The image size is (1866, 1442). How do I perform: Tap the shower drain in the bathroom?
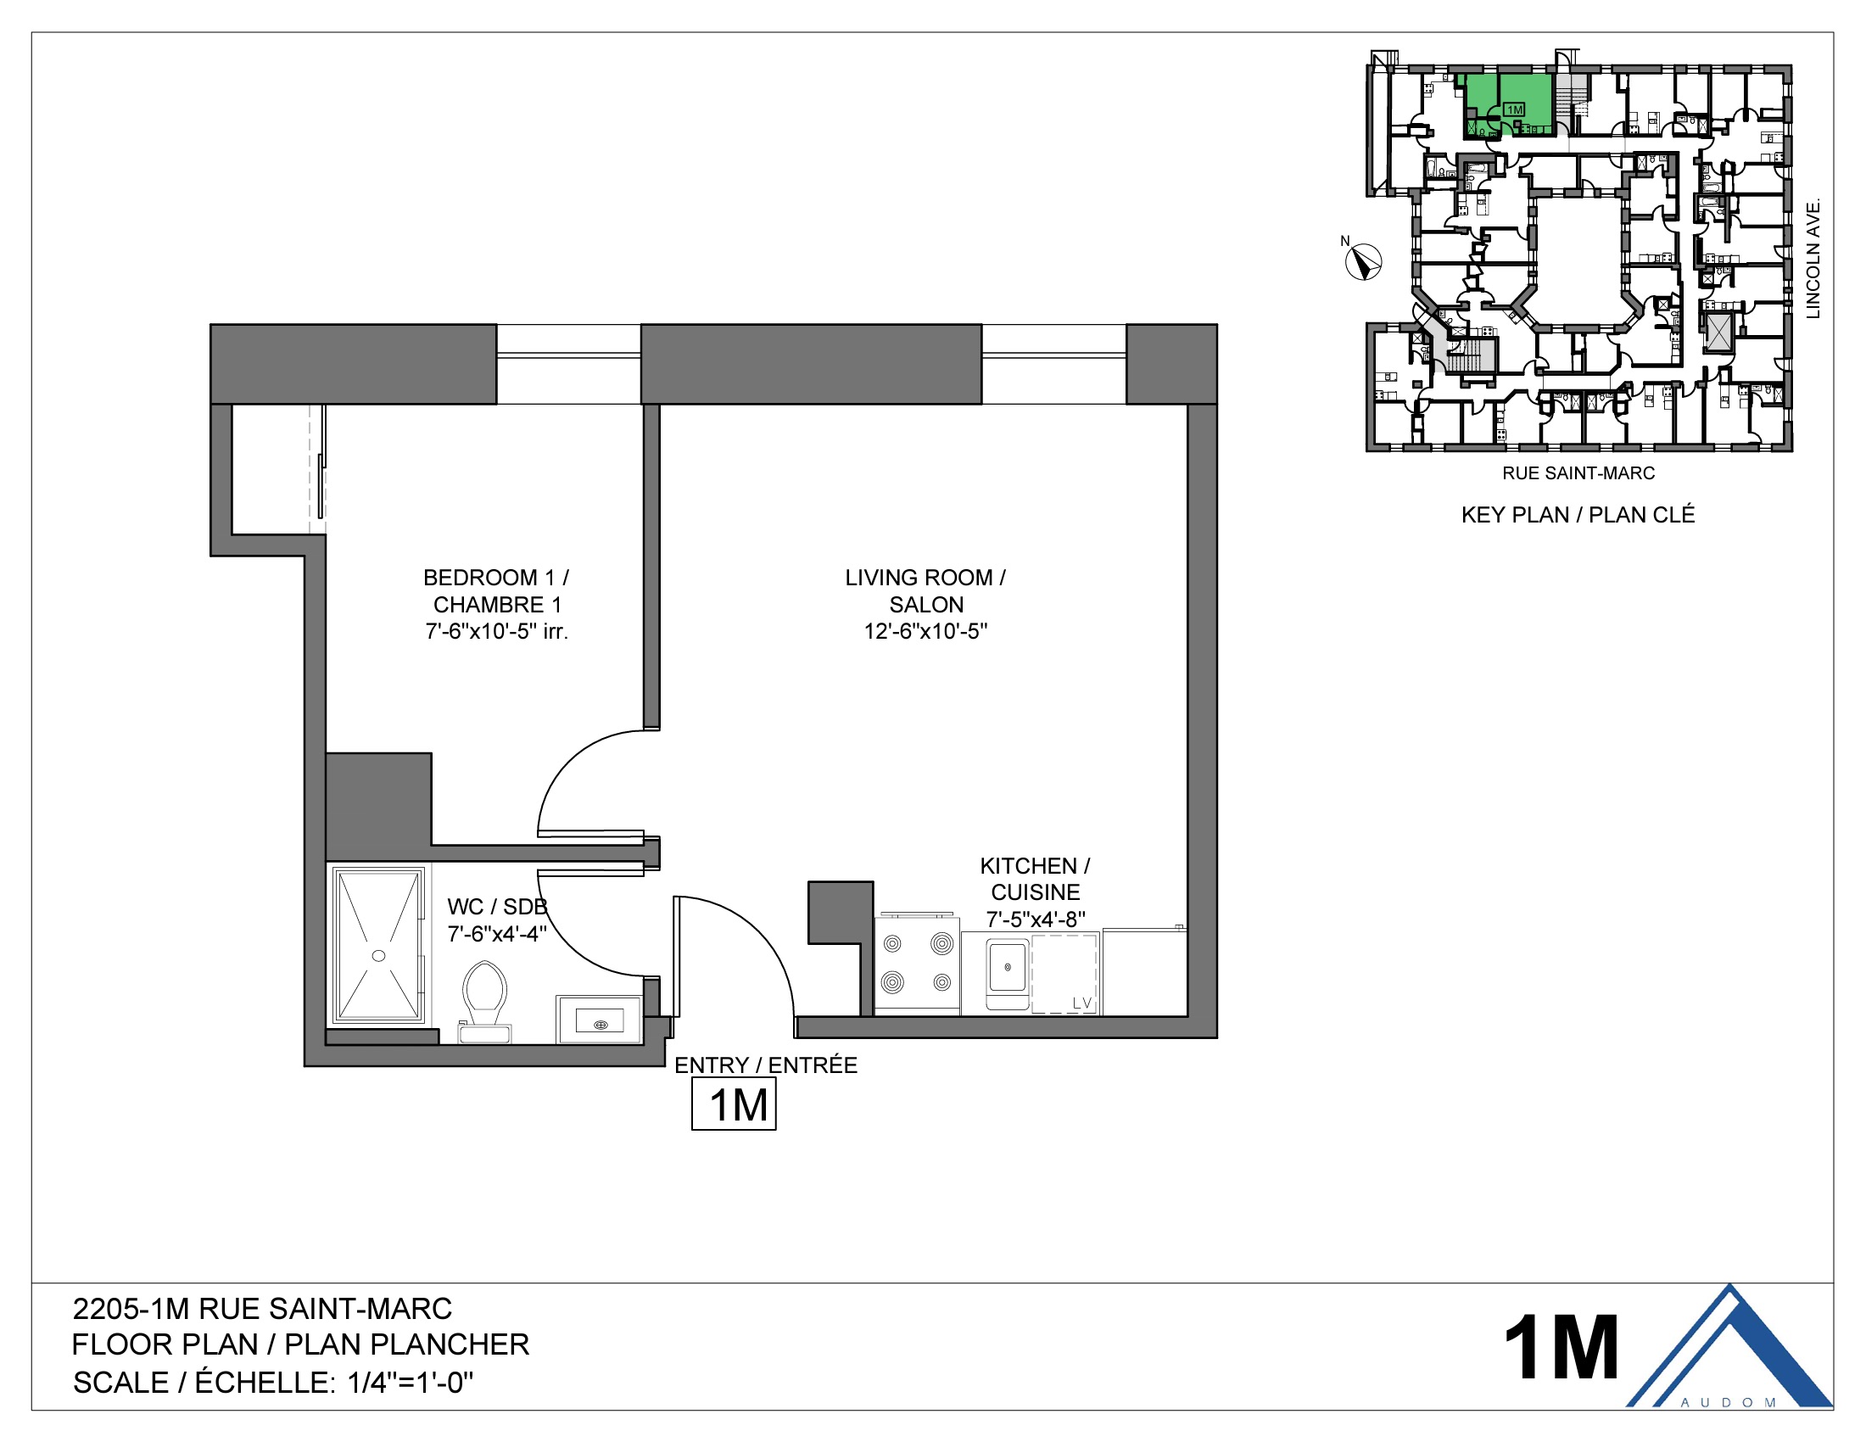[x=378, y=955]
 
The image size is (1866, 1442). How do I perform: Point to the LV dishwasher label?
[x=1081, y=1003]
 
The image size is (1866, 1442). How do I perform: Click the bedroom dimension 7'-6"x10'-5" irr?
[x=496, y=631]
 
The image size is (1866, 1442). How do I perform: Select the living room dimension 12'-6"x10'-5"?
[x=925, y=631]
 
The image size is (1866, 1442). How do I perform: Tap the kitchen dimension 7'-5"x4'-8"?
[x=1036, y=919]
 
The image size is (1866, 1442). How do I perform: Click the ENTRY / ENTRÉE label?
[x=766, y=1065]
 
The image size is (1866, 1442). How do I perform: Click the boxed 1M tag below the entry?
[x=734, y=1104]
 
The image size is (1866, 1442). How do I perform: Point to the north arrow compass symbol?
[x=1364, y=261]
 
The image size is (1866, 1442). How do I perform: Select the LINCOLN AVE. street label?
[x=1813, y=259]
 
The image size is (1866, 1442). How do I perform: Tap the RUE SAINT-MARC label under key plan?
[x=1578, y=473]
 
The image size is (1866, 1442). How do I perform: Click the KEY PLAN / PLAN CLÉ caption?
[x=1578, y=515]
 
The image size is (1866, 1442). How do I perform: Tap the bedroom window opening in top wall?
[x=568, y=364]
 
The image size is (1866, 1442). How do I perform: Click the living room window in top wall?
[x=1053, y=364]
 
